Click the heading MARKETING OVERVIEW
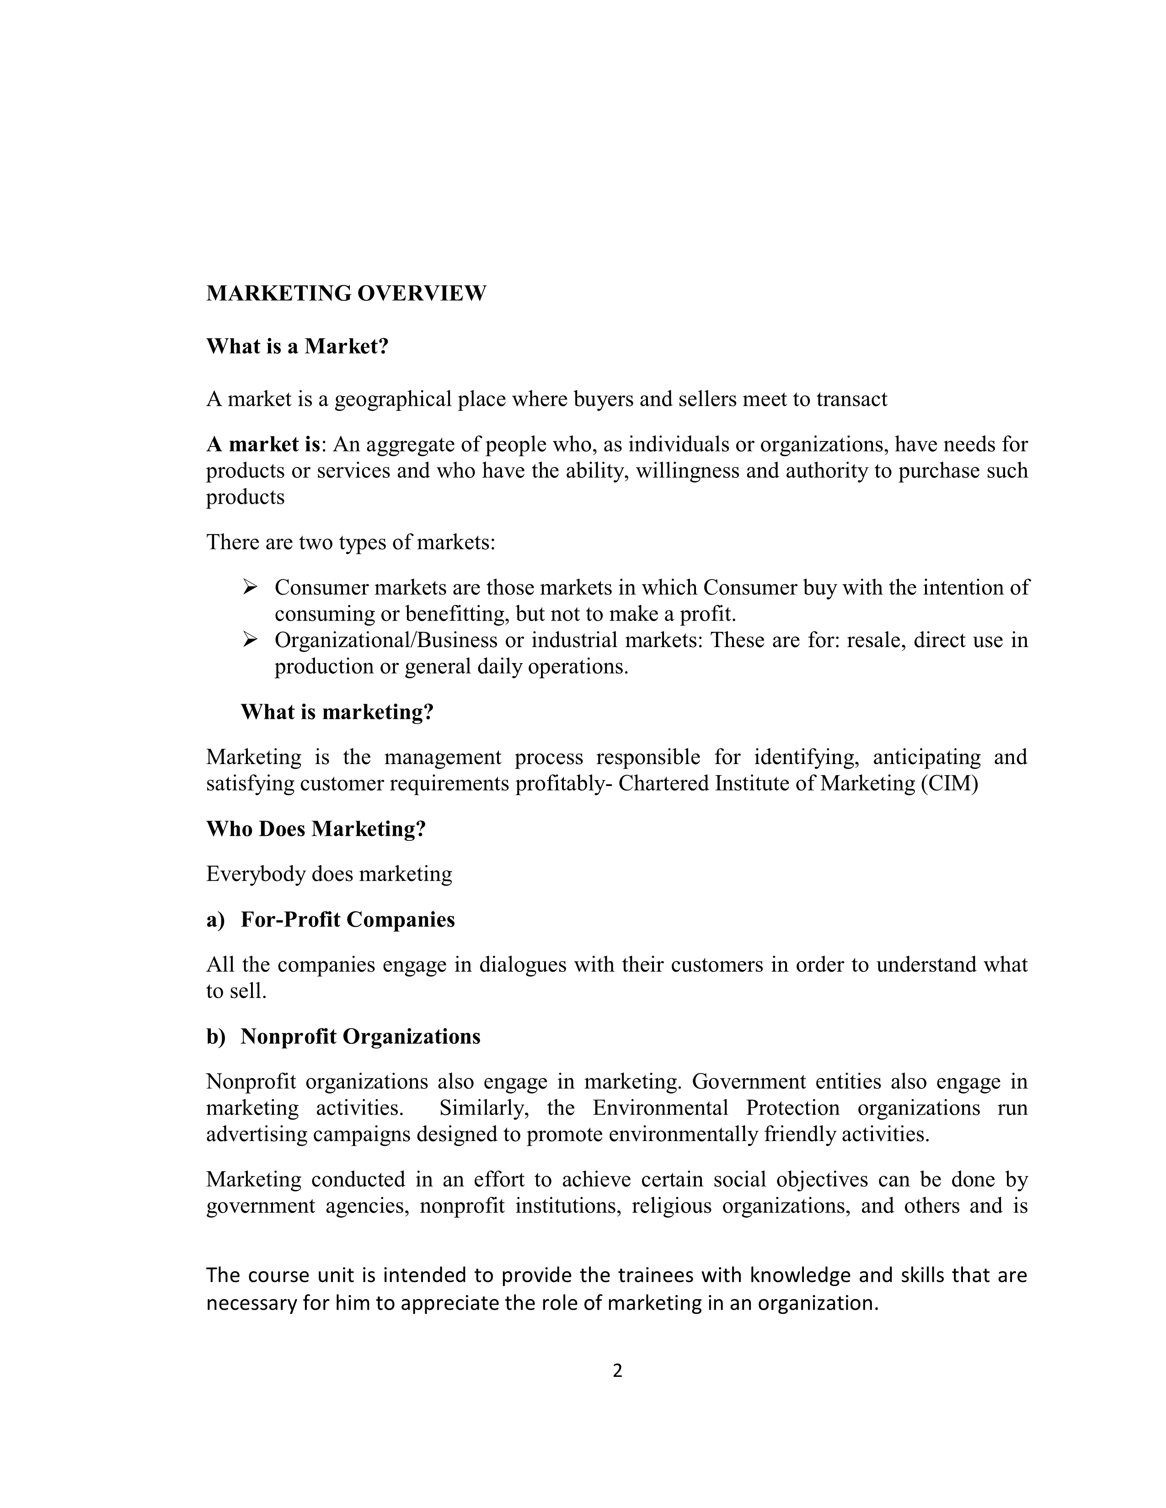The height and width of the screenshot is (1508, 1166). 346,293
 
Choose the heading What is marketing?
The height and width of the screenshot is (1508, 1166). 337,712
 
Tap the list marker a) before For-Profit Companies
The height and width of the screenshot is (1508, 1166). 215,920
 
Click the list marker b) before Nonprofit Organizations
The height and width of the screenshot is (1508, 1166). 215,1036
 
